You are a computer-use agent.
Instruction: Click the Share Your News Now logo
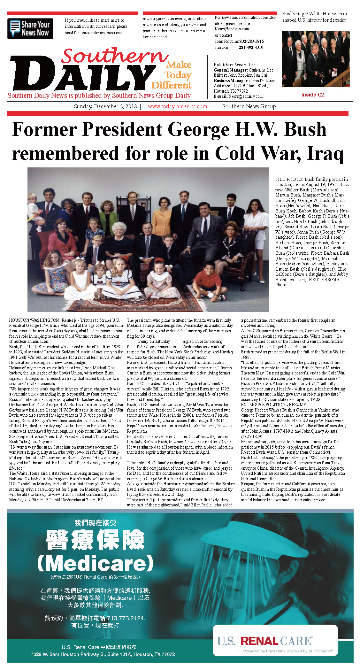click(30, 28)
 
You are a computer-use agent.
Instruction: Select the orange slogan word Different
click(172, 85)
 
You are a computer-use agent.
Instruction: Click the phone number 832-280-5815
click(251, 41)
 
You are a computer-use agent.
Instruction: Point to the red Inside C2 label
click(312, 95)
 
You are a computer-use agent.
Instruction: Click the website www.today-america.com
click(177, 106)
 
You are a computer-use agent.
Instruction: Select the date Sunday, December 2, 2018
click(105, 106)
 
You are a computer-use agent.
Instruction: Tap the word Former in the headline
click(44, 130)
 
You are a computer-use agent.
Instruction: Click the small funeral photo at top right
click(316, 59)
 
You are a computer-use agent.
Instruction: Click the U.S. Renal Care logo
click(275, 642)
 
